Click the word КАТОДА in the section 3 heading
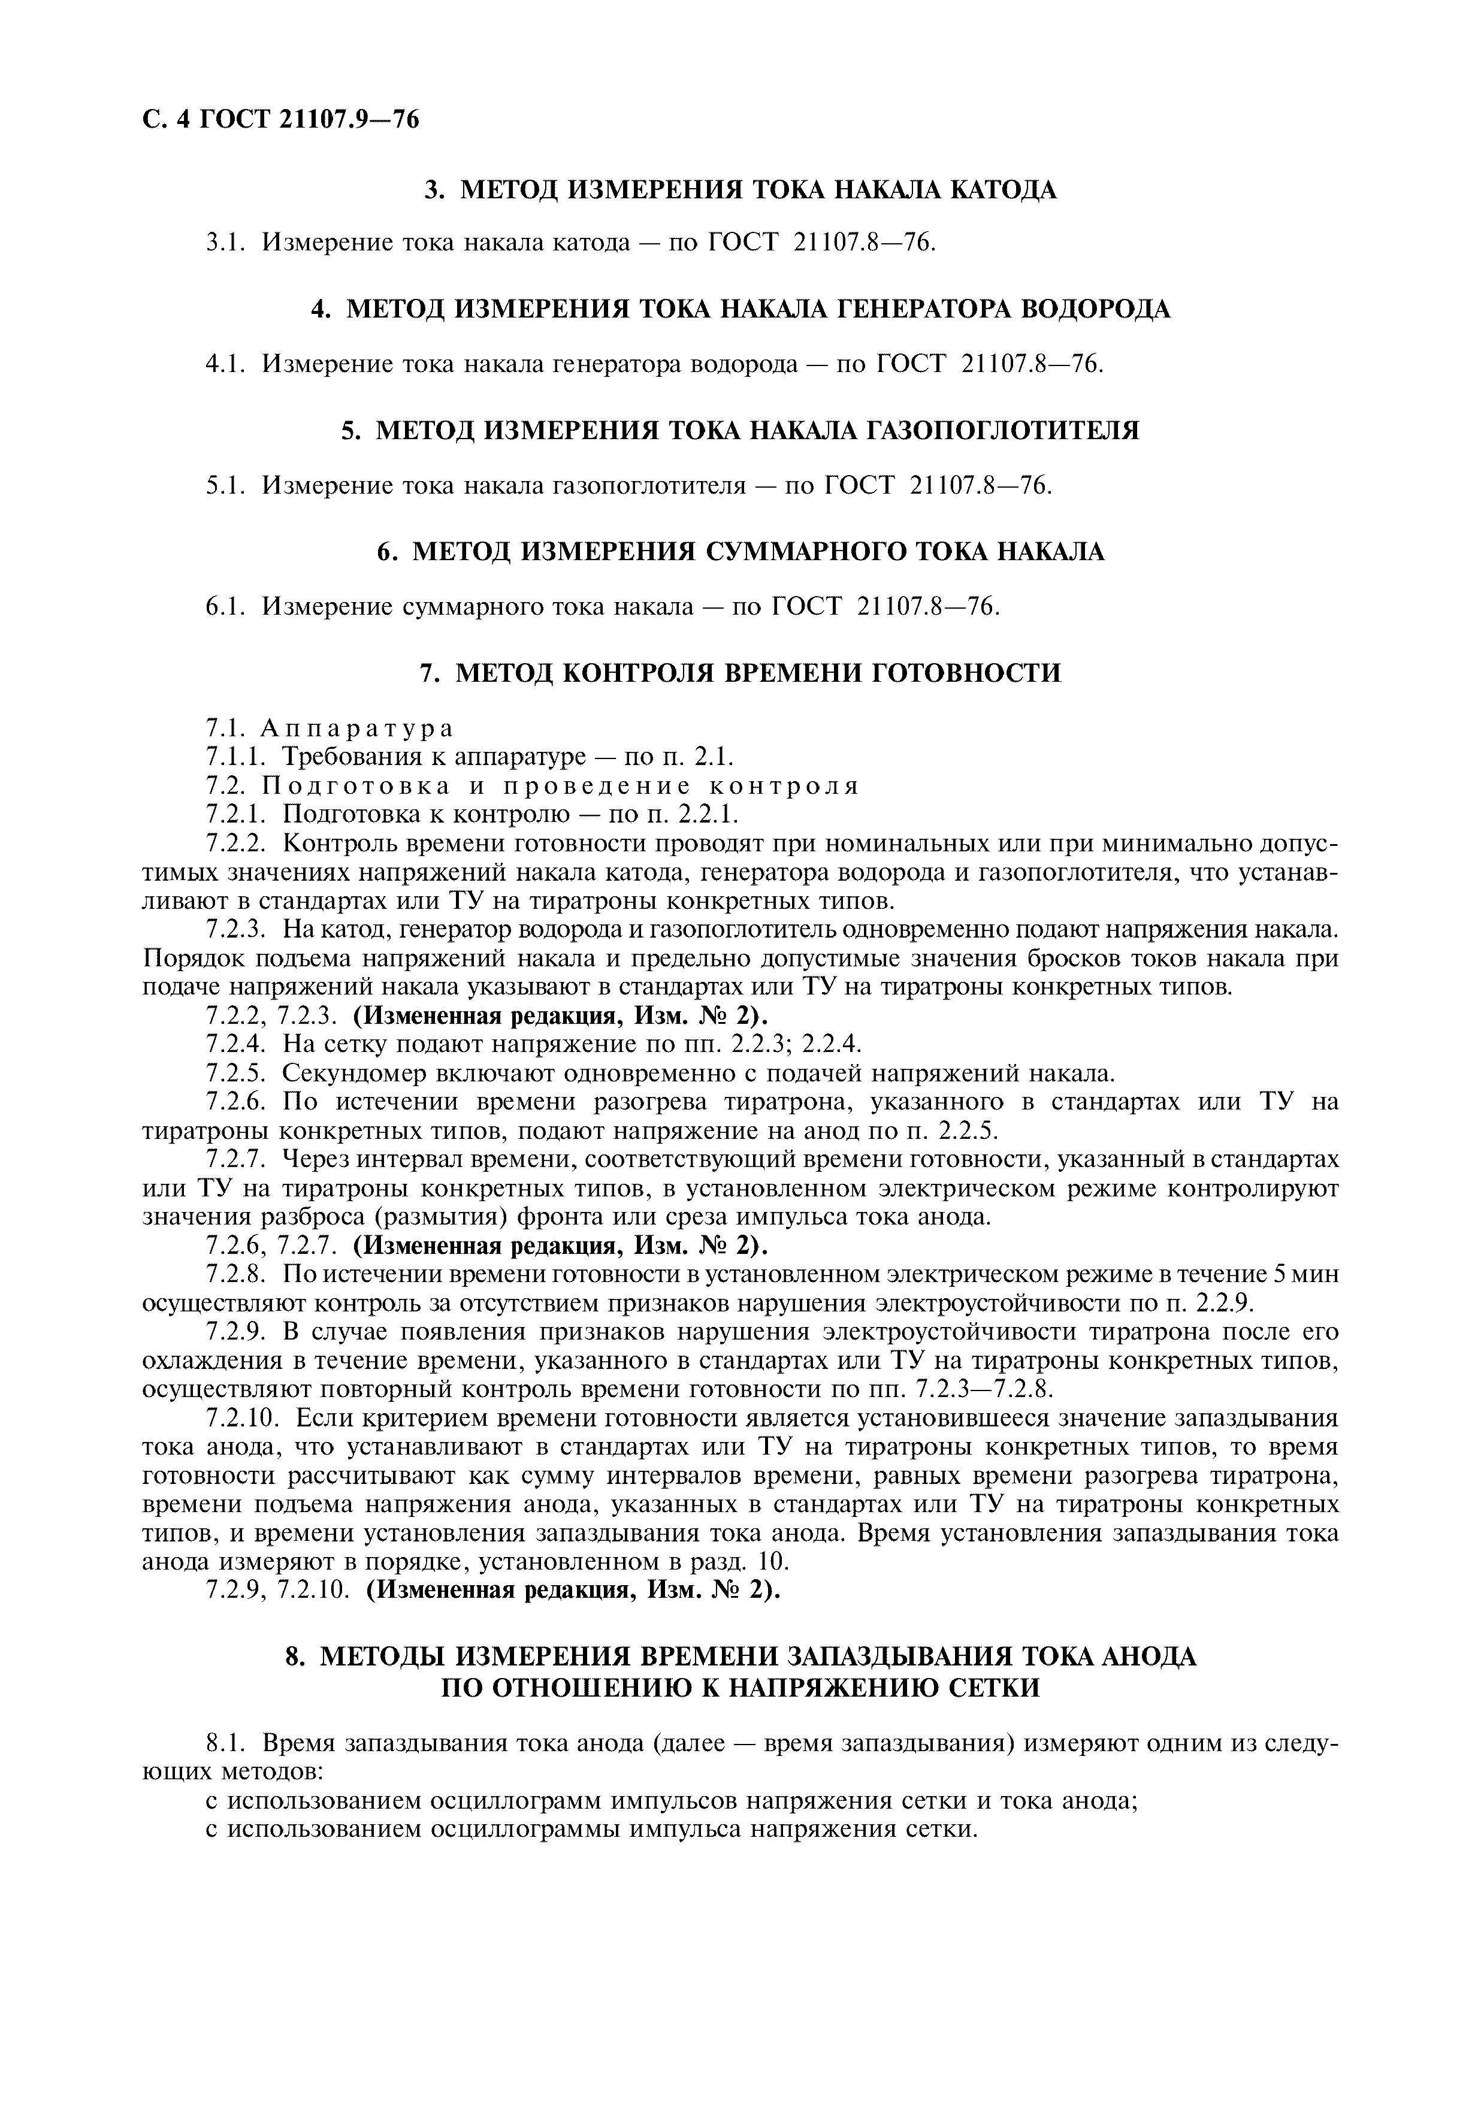[x=1001, y=191]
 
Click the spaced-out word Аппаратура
[x=357, y=728]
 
